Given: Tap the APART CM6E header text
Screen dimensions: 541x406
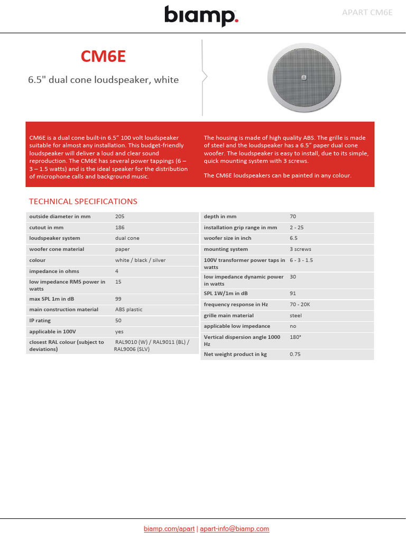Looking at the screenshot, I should [367, 12].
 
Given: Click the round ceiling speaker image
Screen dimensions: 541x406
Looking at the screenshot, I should [303, 78].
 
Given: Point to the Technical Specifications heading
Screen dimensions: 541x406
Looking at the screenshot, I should [83, 201].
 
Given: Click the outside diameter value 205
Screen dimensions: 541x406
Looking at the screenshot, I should [120, 217].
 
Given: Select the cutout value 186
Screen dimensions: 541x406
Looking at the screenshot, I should [120, 227].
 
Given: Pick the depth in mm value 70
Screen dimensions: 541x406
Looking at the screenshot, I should [293, 217].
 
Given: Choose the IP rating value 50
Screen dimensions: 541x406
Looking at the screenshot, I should [118, 320].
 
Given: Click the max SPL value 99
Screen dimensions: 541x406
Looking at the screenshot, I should [118, 299].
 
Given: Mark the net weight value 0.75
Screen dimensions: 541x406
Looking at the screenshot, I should [295, 354].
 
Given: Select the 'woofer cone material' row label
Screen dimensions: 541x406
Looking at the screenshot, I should [57, 249].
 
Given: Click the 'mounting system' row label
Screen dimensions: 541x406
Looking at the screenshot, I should [226, 249].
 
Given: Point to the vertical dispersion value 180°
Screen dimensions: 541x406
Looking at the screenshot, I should [296, 337].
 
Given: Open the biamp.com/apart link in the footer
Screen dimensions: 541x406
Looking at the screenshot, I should [169, 528].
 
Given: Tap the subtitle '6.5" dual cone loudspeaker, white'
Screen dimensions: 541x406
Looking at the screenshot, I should [103, 80].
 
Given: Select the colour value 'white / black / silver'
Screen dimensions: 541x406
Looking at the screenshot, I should [140, 260].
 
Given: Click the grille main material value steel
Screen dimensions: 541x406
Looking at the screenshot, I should [296, 315].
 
